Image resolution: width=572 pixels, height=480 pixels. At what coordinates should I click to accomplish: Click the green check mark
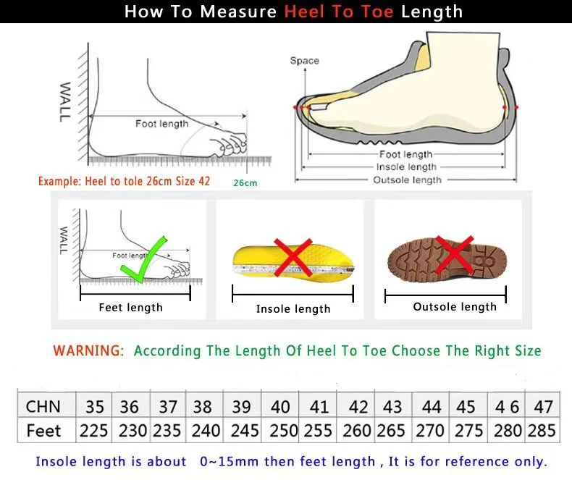click(x=145, y=261)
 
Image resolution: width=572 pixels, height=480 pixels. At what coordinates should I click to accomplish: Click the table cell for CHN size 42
click(x=358, y=406)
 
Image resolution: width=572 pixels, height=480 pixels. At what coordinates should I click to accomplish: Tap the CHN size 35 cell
click(x=94, y=406)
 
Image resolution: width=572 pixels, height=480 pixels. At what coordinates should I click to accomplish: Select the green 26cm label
click(x=245, y=183)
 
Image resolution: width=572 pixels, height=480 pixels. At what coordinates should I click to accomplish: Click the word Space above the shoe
click(x=304, y=61)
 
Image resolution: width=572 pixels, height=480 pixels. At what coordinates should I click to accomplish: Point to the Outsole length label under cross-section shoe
click(x=406, y=180)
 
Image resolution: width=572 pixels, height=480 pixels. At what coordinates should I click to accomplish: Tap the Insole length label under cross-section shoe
click(x=406, y=167)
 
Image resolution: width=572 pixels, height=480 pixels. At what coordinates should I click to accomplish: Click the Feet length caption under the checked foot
click(x=130, y=308)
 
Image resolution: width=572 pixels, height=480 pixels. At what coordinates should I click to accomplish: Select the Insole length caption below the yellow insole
click(x=293, y=309)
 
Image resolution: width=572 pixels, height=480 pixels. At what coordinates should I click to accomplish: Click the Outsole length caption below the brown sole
click(x=455, y=307)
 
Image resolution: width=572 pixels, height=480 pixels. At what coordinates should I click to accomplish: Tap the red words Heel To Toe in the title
click(x=339, y=12)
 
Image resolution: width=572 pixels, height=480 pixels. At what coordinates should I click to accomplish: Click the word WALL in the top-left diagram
click(x=65, y=101)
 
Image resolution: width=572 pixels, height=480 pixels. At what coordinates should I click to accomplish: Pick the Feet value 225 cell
click(x=94, y=431)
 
